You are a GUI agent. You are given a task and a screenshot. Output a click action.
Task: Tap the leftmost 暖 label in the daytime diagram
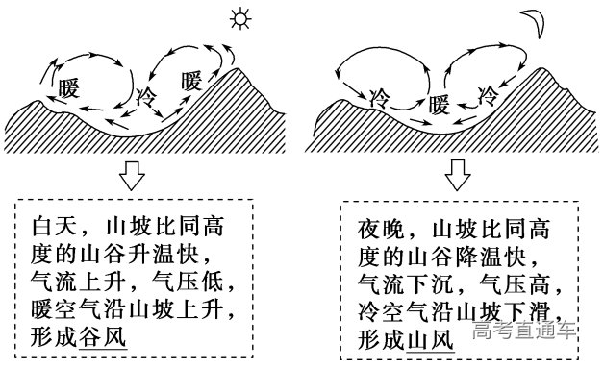pos(68,87)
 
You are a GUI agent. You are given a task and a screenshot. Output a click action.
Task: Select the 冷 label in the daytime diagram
pos(146,96)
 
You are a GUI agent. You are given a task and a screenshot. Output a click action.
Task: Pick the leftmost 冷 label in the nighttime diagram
pos(381,97)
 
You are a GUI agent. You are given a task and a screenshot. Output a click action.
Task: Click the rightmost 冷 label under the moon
pos(490,95)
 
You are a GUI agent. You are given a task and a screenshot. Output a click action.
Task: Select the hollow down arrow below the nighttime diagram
pos(457,176)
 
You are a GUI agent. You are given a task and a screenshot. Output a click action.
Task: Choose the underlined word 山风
pos(428,339)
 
